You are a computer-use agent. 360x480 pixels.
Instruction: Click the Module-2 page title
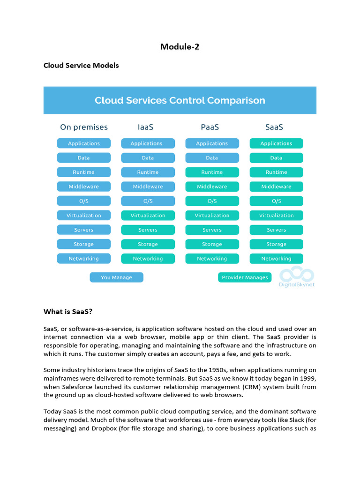point(180,46)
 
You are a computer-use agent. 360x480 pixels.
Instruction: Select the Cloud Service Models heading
point(81,65)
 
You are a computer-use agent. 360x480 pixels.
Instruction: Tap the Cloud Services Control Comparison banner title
point(180,100)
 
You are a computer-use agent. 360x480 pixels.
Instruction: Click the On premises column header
point(84,127)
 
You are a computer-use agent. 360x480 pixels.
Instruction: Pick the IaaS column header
point(146,127)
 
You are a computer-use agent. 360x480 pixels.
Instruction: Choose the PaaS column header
point(210,127)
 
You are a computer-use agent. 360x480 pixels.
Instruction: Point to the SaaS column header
point(274,127)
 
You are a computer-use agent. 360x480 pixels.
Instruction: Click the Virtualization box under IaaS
point(148,216)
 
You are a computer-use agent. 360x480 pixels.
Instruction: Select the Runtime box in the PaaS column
point(212,172)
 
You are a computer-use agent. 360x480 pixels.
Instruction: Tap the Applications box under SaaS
point(276,143)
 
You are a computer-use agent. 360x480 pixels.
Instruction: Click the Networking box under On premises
point(84,259)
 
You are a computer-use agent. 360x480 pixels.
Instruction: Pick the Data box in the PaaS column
point(212,158)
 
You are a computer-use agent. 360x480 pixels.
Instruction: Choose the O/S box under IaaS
point(148,201)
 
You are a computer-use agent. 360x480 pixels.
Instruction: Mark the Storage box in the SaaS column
point(276,244)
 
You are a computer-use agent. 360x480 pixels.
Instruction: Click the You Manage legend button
point(116,277)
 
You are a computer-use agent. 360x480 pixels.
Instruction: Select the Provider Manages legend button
point(245,277)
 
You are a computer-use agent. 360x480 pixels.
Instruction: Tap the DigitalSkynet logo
point(297,277)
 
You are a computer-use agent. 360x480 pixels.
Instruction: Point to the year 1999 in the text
point(307,378)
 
